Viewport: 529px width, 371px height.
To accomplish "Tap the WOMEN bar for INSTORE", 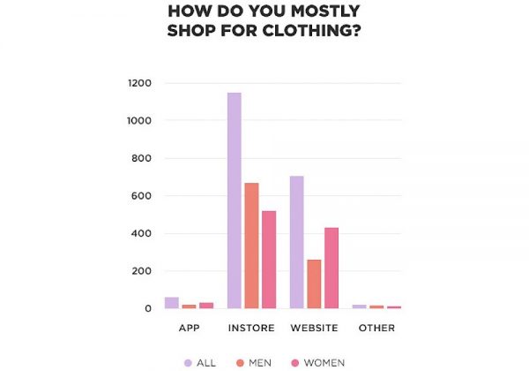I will point(268,260).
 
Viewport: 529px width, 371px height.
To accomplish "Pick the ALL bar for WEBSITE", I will point(296,242).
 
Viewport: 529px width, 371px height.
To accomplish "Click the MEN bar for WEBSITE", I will point(314,284).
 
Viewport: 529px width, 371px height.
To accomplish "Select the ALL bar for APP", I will point(172,303).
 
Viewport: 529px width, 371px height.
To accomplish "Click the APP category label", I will point(189,329).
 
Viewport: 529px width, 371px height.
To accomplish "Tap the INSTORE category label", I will point(251,329).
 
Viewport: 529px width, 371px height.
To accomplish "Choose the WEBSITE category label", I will point(314,329).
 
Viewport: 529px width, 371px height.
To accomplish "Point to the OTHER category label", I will point(376,329).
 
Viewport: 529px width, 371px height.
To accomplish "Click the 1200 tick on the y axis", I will point(140,83).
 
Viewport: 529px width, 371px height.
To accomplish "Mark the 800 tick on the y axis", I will point(143,158).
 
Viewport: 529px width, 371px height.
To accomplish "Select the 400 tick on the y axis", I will point(143,233).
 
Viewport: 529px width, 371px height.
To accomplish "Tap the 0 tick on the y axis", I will point(147,308).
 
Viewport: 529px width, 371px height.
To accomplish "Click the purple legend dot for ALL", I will point(187,362).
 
